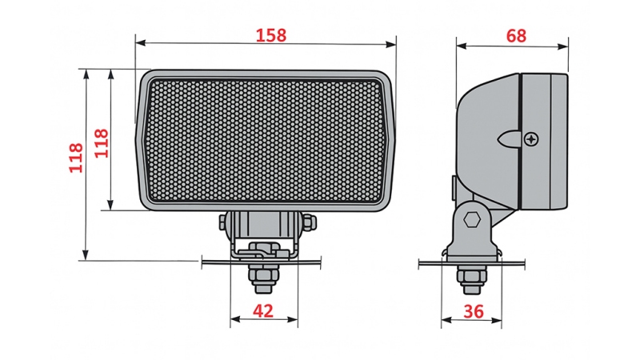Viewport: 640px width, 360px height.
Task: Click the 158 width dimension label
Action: (x=270, y=35)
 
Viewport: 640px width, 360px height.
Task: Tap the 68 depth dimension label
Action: (x=516, y=35)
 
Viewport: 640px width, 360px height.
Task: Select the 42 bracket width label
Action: (x=263, y=311)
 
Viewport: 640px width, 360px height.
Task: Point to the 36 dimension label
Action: (x=473, y=312)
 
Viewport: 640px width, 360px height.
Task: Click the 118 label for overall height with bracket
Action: (x=75, y=158)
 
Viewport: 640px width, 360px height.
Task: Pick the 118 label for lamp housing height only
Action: (x=101, y=143)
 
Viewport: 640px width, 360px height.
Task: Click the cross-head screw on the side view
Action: (x=533, y=138)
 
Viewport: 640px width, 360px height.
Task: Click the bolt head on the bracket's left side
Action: (x=224, y=222)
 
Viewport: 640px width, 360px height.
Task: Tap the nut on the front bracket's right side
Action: (x=310, y=222)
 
